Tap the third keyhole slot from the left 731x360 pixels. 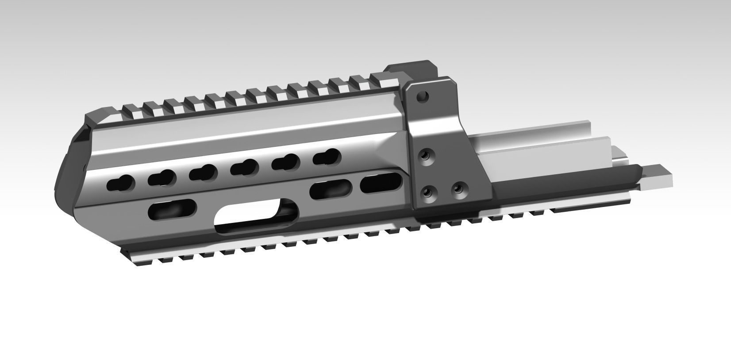coord(203,172)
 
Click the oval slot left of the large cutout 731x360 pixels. coord(173,209)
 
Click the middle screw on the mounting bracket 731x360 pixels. coord(427,156)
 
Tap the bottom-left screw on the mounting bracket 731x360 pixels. coord(427,192)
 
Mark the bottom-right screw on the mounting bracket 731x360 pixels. coord(459,189)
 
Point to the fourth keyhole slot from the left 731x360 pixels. coord(244,167)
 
